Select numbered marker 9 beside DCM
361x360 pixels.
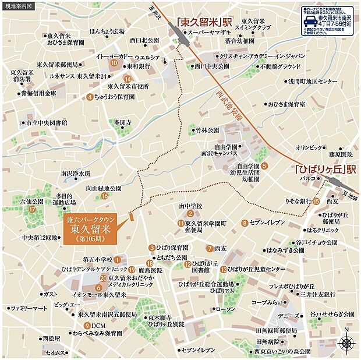tap(87, 325)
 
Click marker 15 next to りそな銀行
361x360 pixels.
tap(316, 202)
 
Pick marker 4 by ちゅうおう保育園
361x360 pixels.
tap(90, 97)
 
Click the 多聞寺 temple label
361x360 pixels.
tap(123, 122)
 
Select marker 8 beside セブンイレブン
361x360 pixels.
tap(243, 223)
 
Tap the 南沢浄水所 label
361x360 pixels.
tap(76, 173)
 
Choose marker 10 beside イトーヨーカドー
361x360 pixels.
tap(114, 63)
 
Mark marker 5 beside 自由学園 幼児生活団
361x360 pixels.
tap(264, 165)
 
